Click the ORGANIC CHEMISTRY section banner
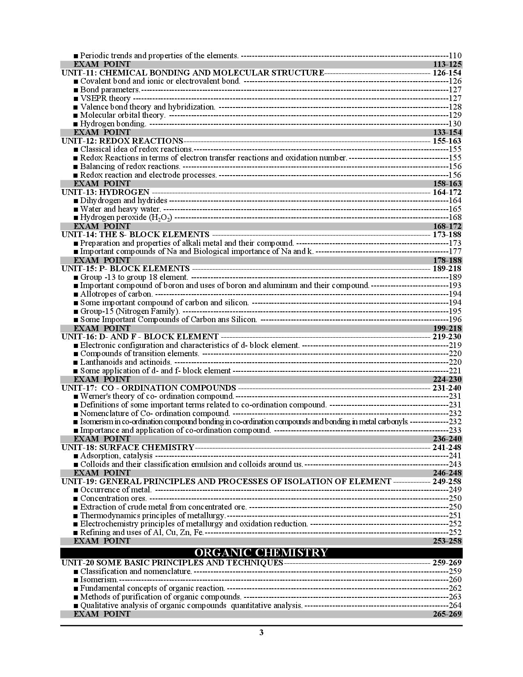(x=261, y=552)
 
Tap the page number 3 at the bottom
(x=261, y=632)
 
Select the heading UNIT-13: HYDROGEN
(x=105, y=192)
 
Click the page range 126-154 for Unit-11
(x=447, y=73)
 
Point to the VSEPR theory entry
(x=105, y=98)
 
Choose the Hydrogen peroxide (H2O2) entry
(x=126, y=217)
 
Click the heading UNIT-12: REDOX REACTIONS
(x=122, y=141)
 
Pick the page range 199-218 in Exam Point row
(x=447, y=328)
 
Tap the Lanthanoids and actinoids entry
(x=126, y=362)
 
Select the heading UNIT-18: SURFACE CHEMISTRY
(x=128, y=447)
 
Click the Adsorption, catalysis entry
(x=116, y=455)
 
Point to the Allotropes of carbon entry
(x=116, y=294)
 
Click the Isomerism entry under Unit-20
(x=98, y=579)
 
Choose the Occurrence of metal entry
(x=116, y=489)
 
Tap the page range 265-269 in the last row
(x=447, y=614)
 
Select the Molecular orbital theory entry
(x=122, y=115)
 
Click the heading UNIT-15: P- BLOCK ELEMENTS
(x=126, y=268)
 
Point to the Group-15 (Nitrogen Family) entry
(x=130, y=311)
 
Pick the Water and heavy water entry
(x=120, y=209)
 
